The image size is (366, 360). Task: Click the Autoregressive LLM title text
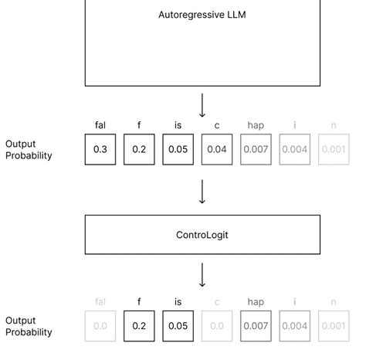click(202, 15)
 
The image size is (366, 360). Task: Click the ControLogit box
click(202, 235)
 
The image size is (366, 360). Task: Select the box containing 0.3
click(100, 149)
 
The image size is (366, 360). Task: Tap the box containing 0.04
click(217, 149)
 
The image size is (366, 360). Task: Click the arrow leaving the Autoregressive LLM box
click(202, 106)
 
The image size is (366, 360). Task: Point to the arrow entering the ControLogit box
click(202, 192)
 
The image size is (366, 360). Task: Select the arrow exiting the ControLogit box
click(202, 275)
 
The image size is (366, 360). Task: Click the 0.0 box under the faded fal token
click(100, 326)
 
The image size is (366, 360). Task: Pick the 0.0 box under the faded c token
click(217, 326)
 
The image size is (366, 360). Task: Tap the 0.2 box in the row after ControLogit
click(139, 326)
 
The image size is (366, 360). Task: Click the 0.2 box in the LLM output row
click(139, 149)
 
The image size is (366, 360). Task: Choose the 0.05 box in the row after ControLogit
click(178, 326)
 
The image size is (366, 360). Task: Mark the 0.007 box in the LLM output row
click(256, 149)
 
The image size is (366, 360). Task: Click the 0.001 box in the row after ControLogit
click(334, 326)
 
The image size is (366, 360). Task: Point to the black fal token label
click(100, 125)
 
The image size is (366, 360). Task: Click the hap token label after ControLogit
click(256, 302)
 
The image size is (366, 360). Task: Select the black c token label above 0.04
click(217, 125)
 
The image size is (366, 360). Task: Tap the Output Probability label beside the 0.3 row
click(29, 150)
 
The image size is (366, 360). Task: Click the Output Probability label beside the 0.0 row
click(29, 326)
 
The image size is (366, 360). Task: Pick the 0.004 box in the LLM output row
click(294, 149)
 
